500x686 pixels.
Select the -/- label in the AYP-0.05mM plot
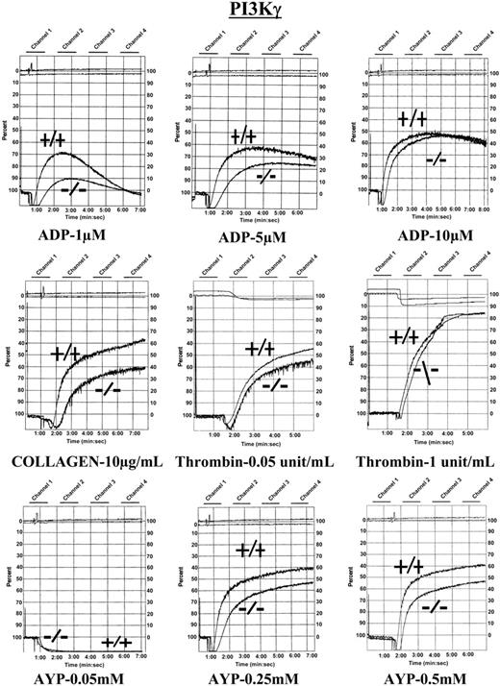pos(55,635)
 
